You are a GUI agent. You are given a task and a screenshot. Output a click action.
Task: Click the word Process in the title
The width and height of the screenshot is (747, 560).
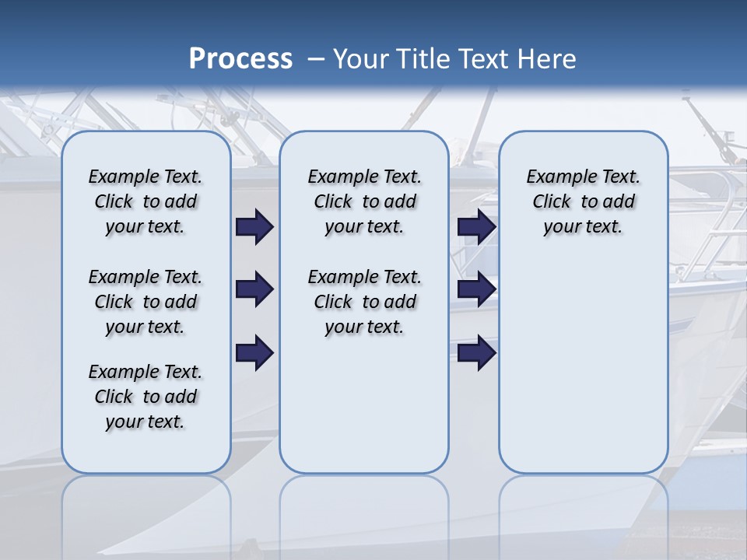coord(240,59)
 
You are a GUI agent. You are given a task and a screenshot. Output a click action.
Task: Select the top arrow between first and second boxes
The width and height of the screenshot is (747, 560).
coord(254,226)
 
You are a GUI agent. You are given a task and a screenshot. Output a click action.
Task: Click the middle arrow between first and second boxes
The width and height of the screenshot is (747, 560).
coord(254,289)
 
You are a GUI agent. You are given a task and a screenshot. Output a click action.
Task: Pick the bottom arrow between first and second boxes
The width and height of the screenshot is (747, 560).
coord(254,352)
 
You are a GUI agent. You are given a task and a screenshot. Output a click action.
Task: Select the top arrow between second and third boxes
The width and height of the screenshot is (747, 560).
coord(476,226)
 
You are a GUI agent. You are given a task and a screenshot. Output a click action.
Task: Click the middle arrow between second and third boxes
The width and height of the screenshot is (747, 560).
coord(476,289)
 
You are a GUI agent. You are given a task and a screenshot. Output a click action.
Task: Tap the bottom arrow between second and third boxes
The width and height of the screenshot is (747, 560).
coord(476,352)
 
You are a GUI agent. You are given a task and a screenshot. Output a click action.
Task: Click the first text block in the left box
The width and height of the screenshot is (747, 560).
coord(146,201)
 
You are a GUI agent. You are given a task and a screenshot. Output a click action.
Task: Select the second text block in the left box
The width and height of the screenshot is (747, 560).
coord(146,302)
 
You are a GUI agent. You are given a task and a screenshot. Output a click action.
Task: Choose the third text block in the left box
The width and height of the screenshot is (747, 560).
coord(146,397)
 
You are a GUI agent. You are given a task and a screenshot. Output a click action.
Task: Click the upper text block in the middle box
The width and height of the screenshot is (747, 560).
coord(364,201)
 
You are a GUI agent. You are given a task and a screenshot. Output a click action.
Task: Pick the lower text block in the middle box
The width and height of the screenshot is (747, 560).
coord(364,302)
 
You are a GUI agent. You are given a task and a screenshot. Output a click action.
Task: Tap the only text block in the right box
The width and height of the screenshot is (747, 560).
coord(583,201)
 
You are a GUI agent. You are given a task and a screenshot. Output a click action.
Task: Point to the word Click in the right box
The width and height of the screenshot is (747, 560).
coord(552,202)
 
